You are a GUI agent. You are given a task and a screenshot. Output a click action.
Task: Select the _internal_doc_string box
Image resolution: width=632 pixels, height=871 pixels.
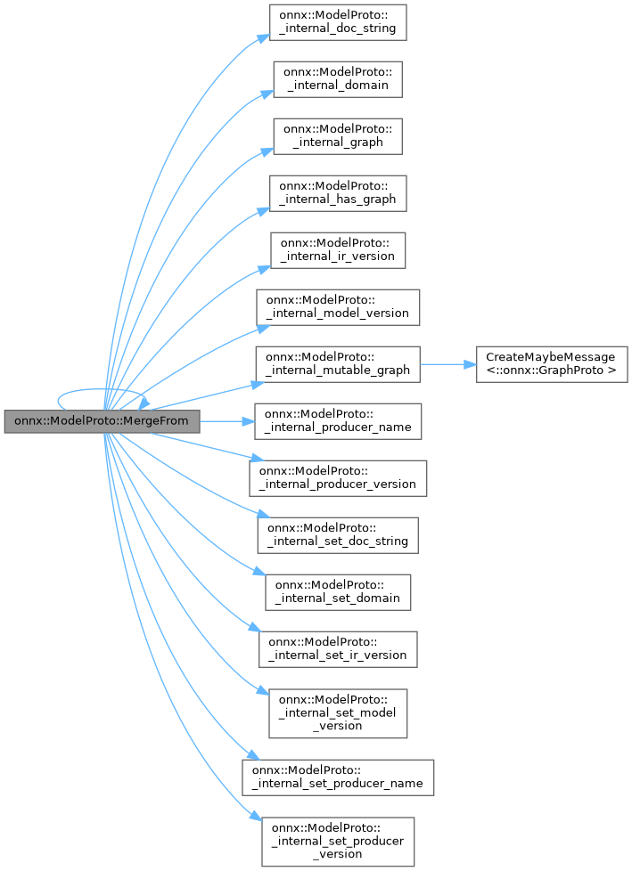[x=338, y=22]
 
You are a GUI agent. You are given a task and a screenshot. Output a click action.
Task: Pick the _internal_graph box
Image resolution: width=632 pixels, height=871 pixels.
[x=338, y=136]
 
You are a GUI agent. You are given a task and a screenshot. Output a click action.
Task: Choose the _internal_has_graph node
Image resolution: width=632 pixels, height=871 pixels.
[x=339, y=193]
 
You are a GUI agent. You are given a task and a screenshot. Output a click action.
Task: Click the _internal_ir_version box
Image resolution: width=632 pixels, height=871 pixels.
[x=339, y=250]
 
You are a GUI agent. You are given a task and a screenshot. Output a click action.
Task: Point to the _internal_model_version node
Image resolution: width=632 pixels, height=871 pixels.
[x=338, y=307]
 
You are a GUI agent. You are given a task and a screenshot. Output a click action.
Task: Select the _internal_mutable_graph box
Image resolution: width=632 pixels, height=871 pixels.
[x=338, y=364]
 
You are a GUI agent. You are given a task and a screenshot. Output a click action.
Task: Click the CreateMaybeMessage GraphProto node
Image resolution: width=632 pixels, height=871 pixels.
[x=551, y=364]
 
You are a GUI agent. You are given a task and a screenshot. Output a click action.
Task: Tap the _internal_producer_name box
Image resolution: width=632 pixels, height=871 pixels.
[x=338, y=421]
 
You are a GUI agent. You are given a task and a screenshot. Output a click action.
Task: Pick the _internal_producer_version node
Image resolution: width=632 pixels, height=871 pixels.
[x=338, y=478]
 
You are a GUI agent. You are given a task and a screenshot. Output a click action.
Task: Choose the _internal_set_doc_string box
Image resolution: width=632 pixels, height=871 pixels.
[x=338, y=535]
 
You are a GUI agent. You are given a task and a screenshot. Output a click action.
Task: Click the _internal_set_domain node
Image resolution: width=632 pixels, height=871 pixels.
[x=338, y=592]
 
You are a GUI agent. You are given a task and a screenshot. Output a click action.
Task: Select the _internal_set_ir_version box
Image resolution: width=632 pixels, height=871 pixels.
[x=338, y=649]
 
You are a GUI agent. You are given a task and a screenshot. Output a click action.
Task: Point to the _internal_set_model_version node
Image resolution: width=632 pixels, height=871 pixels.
[x=338, y=713]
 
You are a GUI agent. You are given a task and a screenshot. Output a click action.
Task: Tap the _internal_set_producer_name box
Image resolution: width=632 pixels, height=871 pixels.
[x=338, y=777]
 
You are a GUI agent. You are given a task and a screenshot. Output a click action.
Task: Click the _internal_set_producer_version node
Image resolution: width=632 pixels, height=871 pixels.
[x=338, y=842]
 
